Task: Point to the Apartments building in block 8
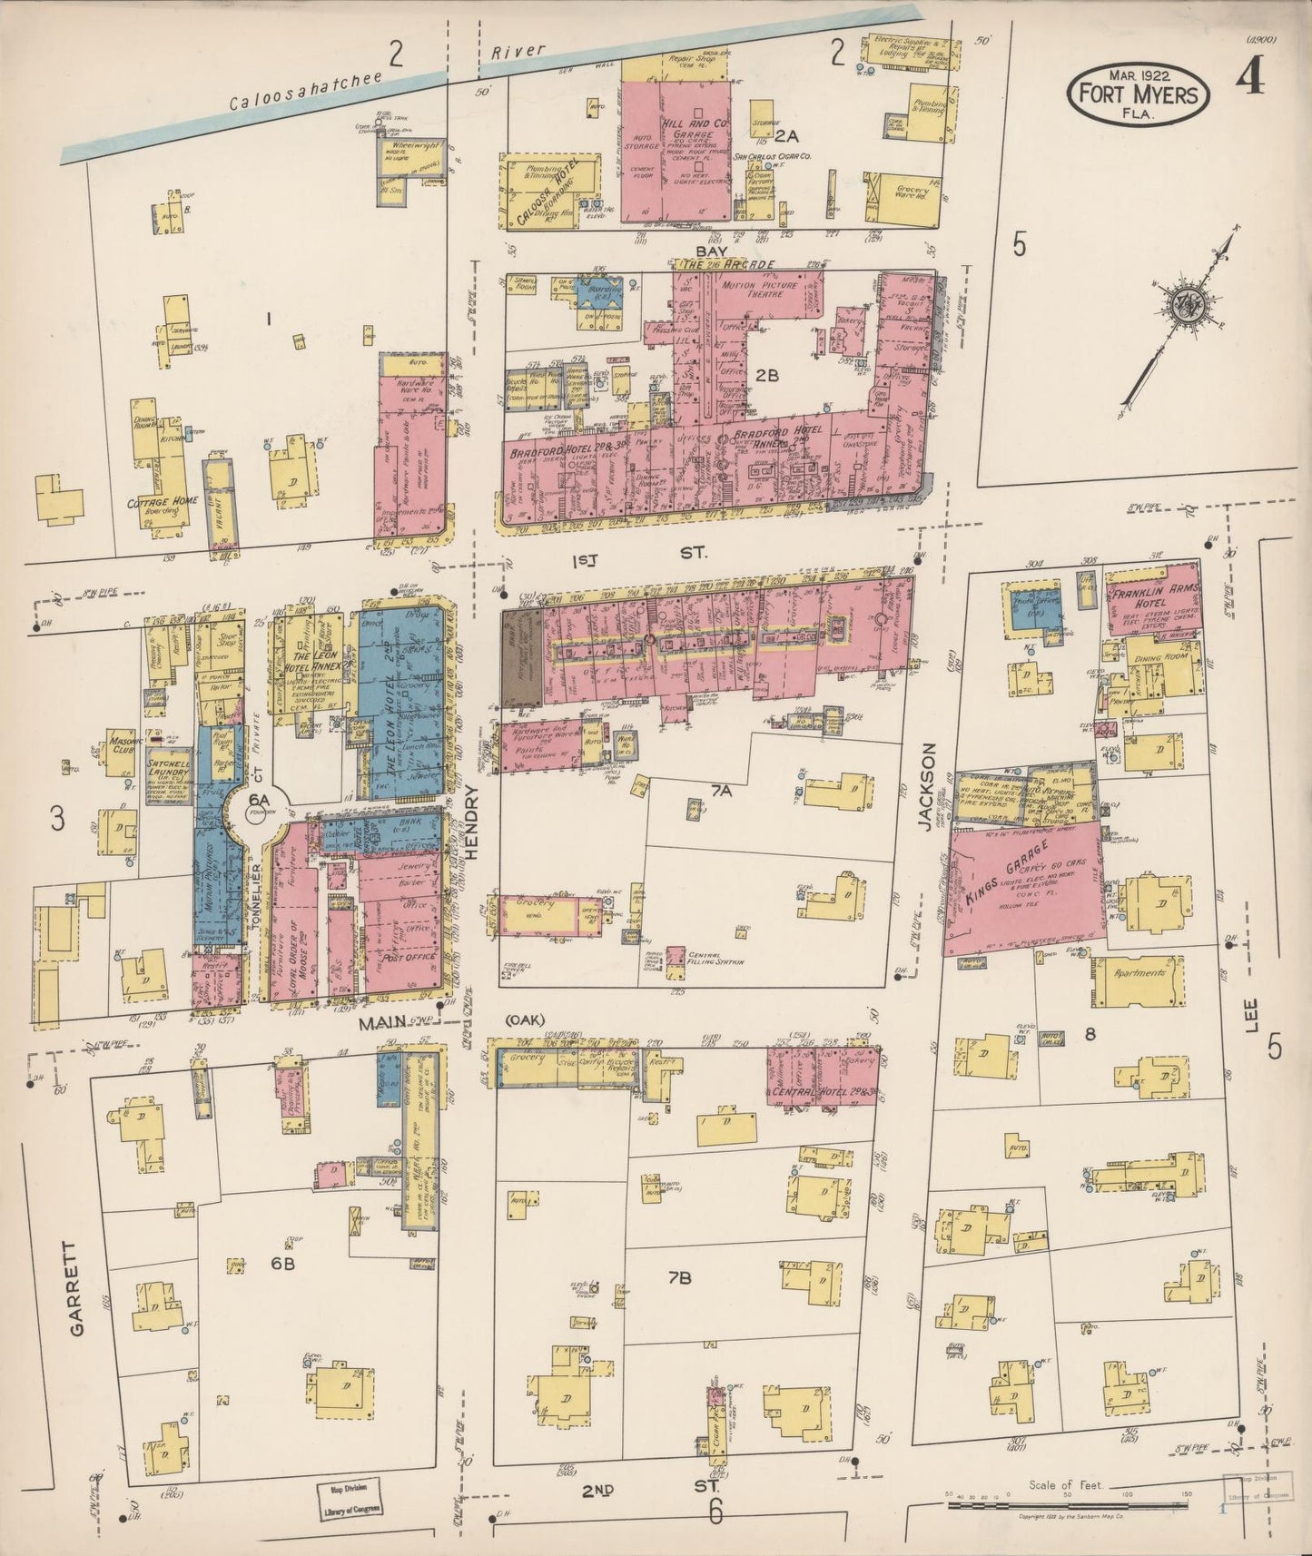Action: [1139, 973]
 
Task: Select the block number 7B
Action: [680, 1278]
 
